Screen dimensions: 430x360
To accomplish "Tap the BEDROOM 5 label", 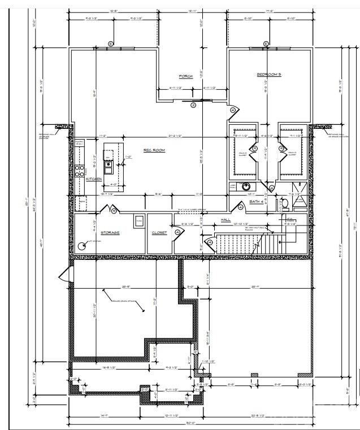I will coord(268,75).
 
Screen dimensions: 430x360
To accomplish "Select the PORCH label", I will coord(186,77).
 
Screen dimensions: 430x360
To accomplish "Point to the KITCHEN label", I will coord(94,179).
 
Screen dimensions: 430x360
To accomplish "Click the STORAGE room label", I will coord(110,233).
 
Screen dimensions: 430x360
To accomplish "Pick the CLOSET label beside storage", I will coord(159,233).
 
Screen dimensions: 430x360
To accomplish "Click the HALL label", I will coord(225,220).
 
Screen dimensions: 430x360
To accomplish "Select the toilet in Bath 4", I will coord(285,203).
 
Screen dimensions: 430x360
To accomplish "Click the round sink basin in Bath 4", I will coord(246,186).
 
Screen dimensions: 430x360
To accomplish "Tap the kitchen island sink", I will coord(108,164).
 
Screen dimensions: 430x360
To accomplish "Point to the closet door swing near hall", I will coord(177,231).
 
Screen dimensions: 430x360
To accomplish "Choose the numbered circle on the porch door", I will coord(193,105).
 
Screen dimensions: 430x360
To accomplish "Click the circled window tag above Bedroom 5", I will coord(266,44).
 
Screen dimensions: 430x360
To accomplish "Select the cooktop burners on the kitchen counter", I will coord(80,171).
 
